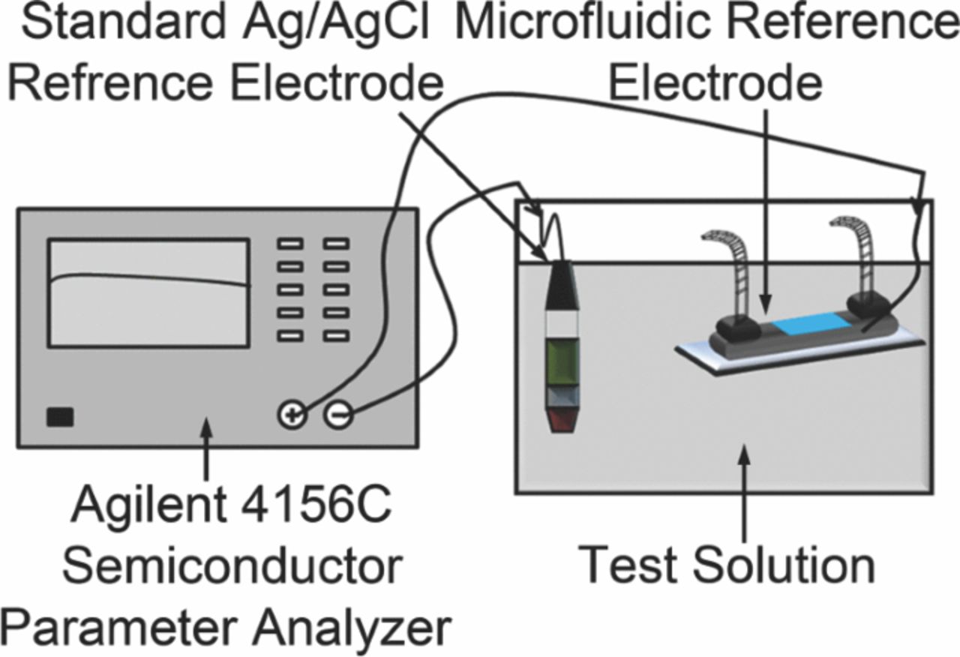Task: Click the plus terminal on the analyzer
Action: tap(292, 415)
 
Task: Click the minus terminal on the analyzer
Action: tap(338, 415)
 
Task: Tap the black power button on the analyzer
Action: tap(60, 417)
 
